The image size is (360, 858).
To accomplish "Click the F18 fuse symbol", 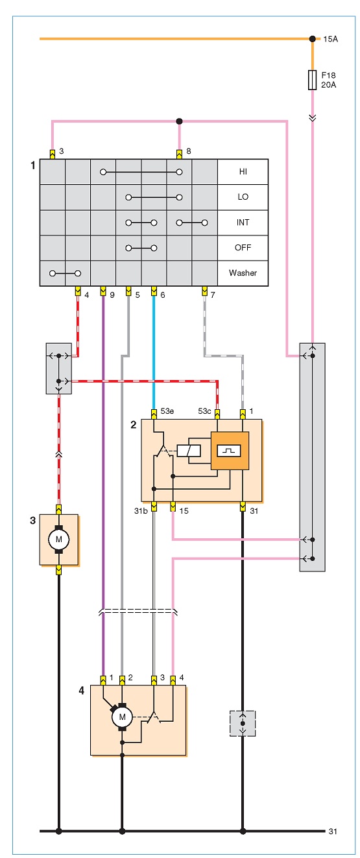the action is (313, 80).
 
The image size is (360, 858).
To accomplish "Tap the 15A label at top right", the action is (331, 39).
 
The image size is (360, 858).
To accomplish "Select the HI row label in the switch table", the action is (243, 172).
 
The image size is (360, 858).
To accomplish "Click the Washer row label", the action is (243, 273).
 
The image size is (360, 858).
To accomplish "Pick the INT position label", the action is (243, 222).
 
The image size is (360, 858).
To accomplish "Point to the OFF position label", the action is (243, 248).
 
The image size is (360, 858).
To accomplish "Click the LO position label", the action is (243, 197).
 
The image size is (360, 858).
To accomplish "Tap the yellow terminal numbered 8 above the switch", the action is (179, 154).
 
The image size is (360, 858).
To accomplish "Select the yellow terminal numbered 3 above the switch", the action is (53, 154).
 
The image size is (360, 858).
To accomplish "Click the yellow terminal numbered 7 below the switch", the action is (204, 291).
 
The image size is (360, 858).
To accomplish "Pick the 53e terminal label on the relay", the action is (167, 411).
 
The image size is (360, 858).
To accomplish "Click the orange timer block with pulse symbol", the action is (230, 451).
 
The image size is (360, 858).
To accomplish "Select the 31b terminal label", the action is (141, 510).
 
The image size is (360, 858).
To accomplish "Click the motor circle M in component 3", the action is (58, 540).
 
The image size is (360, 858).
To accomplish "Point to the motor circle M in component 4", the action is (122, 717).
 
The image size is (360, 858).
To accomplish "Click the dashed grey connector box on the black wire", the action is (243, 723).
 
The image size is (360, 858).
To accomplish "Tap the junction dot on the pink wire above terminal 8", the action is (179, 121).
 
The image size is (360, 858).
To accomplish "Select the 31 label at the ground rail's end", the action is (333, 831).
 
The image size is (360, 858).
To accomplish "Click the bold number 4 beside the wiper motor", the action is (81, 690).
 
